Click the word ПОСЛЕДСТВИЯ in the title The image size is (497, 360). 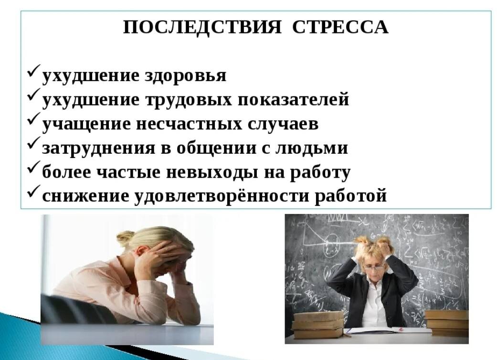[x=202, y=27]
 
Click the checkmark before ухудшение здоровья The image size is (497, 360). [x=33, y=73]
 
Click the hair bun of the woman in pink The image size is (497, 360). [x=125, y=238]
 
